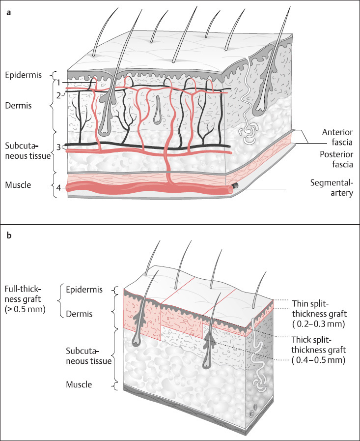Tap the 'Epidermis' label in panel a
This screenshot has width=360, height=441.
[22, 75]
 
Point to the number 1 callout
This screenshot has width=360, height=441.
[57, 82]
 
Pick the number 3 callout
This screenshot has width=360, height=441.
[58, 147]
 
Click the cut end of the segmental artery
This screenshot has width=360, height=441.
[235, 188]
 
